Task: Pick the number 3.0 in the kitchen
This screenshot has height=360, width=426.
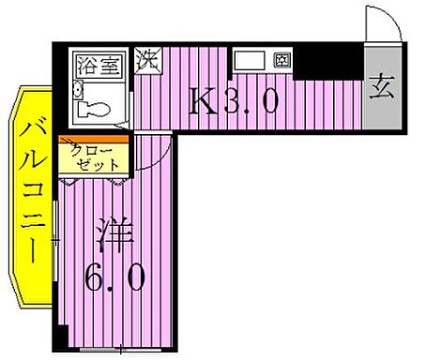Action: click(x=251, y=99)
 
